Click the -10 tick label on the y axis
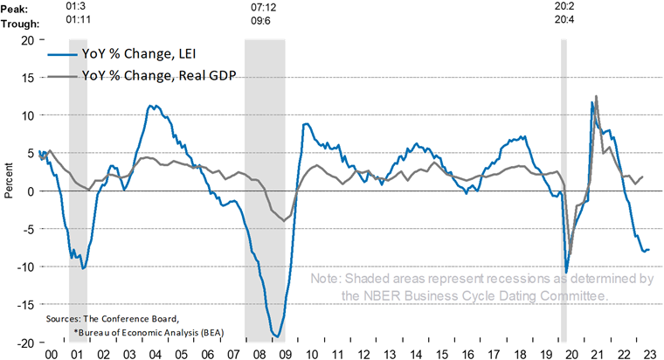point(25,267)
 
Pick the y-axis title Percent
point(8,190)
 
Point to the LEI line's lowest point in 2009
point(277,336)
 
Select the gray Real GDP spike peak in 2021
point(597,97)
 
